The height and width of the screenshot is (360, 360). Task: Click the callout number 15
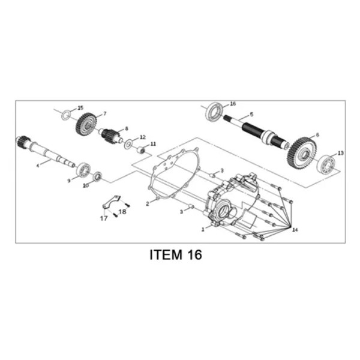click(80, 108)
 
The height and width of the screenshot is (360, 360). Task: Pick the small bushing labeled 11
click(142, 150)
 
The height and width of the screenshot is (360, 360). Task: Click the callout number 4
click(38, 166)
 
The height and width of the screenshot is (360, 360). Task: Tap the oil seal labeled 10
click(98, 176)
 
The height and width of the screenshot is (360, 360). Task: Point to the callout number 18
click(122, 211)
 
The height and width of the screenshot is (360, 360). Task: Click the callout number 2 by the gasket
click(148, 203)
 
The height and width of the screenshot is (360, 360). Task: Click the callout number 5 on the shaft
click(251, 114)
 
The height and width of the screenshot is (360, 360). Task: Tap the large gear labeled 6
click(302, 152)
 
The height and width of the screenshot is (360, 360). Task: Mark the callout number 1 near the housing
click(203, 229)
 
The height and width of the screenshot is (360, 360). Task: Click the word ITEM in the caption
click(166, 255)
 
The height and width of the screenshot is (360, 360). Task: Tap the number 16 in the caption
click(195, 255)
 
